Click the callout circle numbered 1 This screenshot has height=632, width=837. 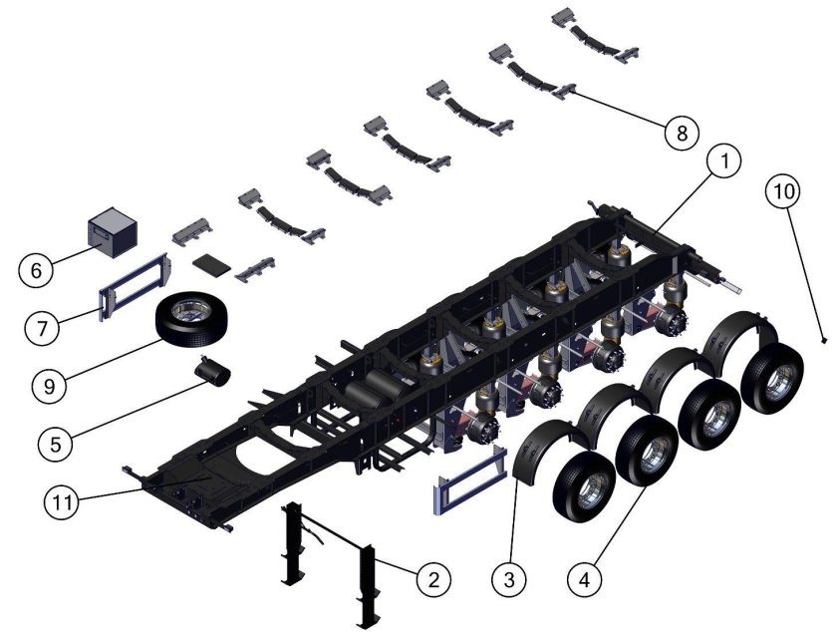click(723, 161)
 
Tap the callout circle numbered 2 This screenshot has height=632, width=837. click(432, 579)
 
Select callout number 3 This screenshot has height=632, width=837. click(509, 579)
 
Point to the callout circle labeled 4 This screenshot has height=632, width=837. click(585, 579)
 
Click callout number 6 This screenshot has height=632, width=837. click(36, 270)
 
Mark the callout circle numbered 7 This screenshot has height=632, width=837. click(43, 328)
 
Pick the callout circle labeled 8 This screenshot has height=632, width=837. click(682, 133)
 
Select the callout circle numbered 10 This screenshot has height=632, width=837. click(783, 190)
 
